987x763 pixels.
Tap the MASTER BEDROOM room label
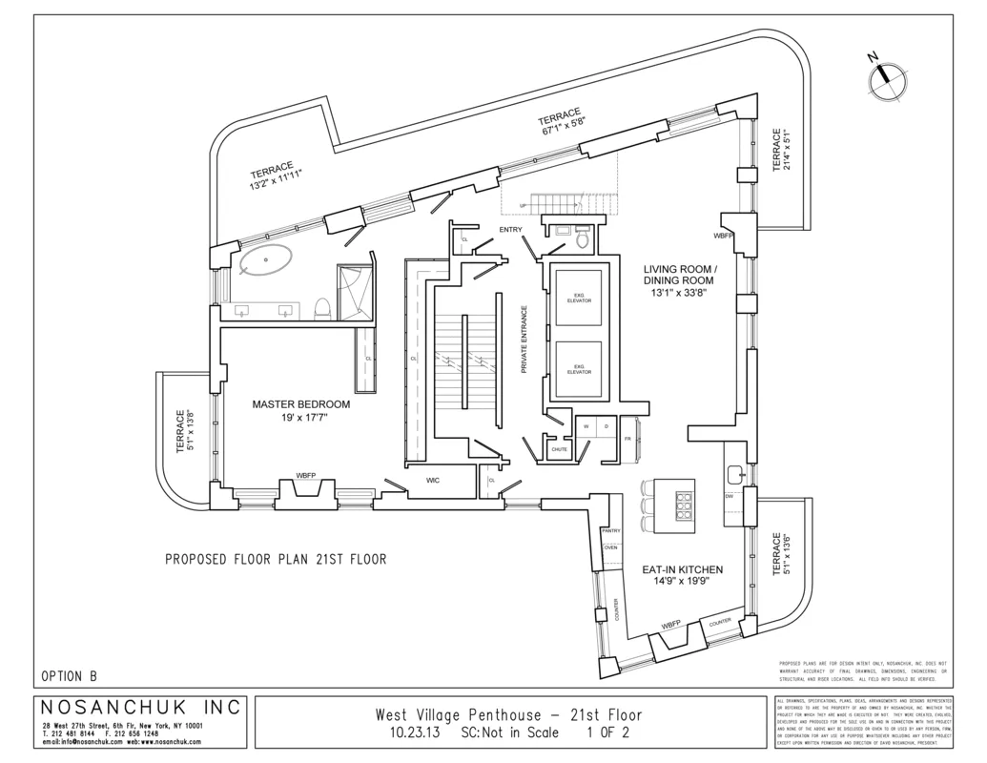300,404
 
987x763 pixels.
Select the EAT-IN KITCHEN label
682,569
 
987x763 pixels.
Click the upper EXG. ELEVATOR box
579,299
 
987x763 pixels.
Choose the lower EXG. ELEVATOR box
579,369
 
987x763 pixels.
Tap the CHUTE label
559,449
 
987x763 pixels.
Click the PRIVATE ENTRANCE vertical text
524,339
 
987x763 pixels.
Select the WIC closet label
432,483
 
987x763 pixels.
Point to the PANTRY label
610,530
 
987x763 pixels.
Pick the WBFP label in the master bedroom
306,474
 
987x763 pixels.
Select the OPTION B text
69,675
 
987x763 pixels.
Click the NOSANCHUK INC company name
142,708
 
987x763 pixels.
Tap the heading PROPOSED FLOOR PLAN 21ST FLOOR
276,560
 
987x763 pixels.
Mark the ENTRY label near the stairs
511,229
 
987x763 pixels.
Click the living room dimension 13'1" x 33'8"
678,294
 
